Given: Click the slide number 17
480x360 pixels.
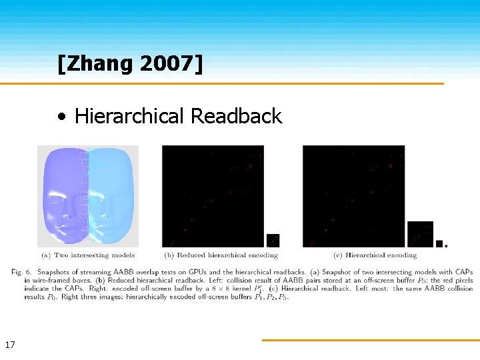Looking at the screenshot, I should (10, 345).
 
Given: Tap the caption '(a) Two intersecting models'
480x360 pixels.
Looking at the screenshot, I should (88, 255).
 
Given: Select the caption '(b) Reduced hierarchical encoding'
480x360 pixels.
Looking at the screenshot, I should (221, 255).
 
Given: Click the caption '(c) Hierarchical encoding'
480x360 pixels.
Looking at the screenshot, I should (375, 255).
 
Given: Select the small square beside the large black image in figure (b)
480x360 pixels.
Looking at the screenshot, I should (273, 240).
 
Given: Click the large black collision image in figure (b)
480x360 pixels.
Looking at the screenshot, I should (213, 196).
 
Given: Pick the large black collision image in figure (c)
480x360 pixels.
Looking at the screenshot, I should (353, 196).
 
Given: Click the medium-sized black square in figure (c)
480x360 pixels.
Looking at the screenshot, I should (420, 234).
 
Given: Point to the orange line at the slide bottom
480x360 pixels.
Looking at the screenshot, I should (370, 340).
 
